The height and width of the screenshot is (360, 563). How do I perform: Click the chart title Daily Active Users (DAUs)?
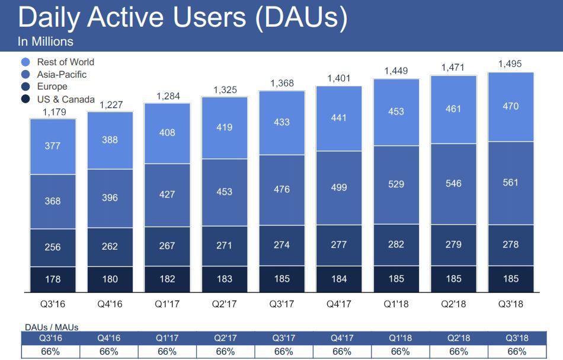point(183,18)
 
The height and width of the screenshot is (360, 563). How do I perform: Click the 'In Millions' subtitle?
point(46,42)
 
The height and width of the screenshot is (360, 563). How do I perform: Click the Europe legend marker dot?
point(25,87)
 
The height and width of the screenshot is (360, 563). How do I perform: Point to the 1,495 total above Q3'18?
point(510,63)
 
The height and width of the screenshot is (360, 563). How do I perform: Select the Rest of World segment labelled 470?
point(510,107)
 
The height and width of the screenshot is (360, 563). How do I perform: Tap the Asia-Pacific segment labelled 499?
point(339,187)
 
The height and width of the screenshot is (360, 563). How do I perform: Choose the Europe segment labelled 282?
point(396,244)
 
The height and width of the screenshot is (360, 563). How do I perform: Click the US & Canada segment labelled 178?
point(53,279)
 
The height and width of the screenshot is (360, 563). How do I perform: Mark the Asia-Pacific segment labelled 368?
point(53,201)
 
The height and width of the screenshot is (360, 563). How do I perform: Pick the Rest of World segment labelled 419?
point(225,128)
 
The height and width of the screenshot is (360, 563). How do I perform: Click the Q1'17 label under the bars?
point(167,305)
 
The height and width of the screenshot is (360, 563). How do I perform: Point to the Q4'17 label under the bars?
point(339,305)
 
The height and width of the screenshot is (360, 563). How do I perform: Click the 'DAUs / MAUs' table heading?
point(52,327)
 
